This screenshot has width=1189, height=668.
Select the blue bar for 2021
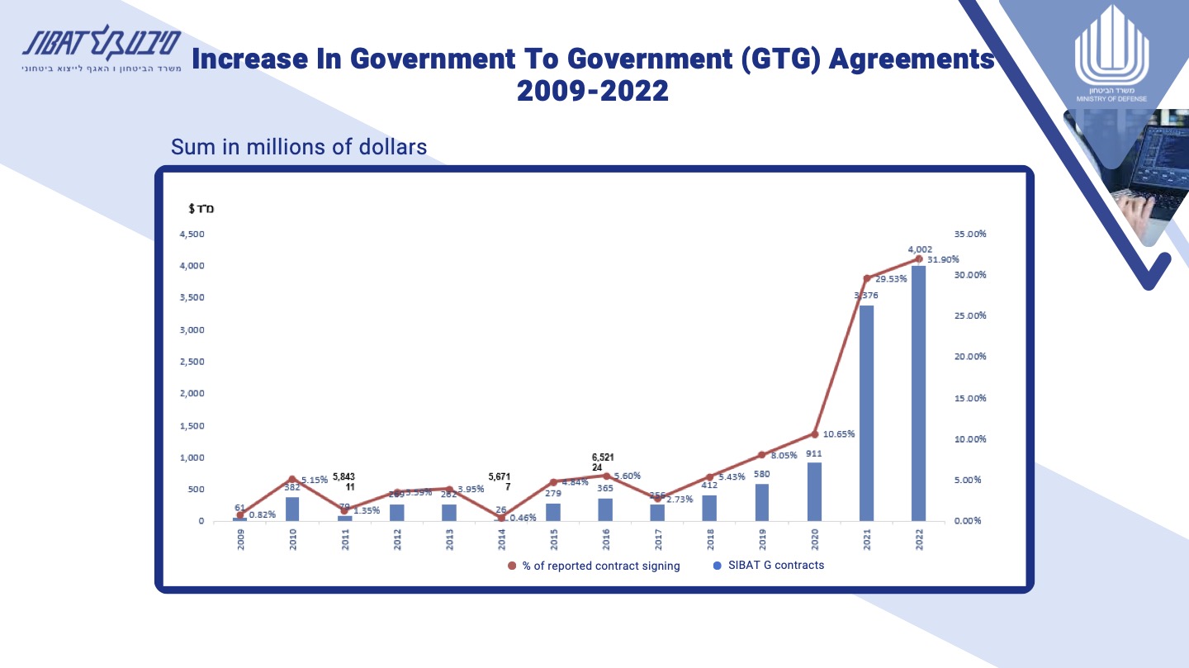(x=866, y=413)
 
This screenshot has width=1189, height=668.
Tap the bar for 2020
(x=814, y=492)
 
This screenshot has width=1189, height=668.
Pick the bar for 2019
(x=761, y=502)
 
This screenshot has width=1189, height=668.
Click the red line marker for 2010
(x=291, y=479)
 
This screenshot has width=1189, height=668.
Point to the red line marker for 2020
(x=814, y=433)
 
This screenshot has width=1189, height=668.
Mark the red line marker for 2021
(x=866, y=278)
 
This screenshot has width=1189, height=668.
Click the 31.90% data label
(x=943, y=259)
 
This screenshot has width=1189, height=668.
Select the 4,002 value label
(x=921, y=249)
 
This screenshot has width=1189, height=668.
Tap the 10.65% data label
(x=839, y=434)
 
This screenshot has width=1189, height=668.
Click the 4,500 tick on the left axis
(x=192, y=234)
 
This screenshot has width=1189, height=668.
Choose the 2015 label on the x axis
(x=554, y=538)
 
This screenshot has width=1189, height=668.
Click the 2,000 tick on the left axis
(x=192, y=393)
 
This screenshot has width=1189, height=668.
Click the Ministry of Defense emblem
(x=1106, y=63)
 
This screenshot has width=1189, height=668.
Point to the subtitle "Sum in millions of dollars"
(x=299, y=147)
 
